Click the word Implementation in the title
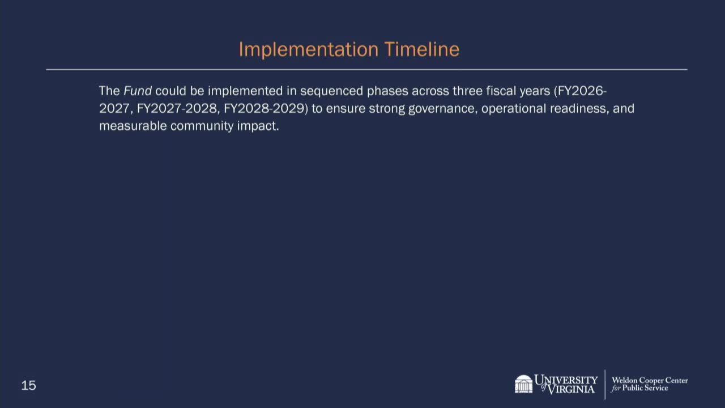tap(309, 50)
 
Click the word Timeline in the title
tap(422, 49)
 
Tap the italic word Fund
tap(138, 91)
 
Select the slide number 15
tap(28, 385)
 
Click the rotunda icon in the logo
tap(523, 384)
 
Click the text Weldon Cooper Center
tap(650, 380)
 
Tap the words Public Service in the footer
tap(645, 388)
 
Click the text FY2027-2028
tap(177, 108)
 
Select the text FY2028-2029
tap(264, 108)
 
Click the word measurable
tap(133, 126)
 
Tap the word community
tap(202, 126)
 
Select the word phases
tap(387, 92)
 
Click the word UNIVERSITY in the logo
tap(566, 380)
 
